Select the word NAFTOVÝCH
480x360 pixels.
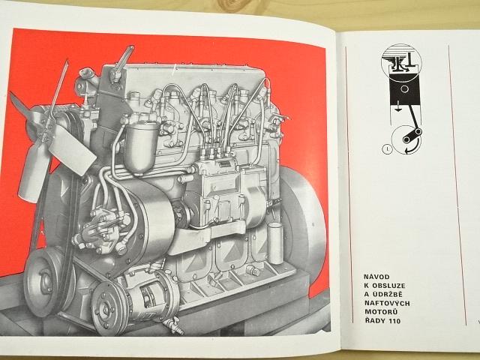point(387,303)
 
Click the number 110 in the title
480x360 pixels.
point(394,321)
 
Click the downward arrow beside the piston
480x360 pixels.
point(397,108)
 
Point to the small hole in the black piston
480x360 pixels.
point(405,89)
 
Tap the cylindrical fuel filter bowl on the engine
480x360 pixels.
point(140,148)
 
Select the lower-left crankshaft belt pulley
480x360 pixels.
point(46,281)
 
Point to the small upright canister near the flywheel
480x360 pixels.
point(275,243)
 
